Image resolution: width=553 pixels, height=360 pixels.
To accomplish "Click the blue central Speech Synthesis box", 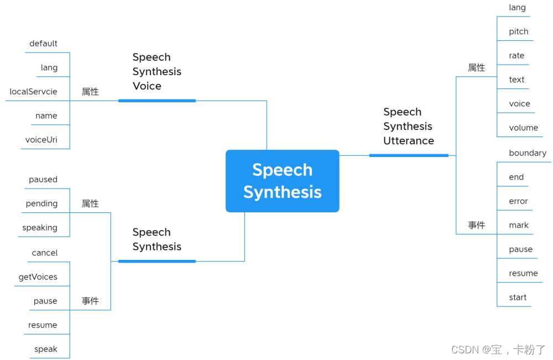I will (x=282, y=181).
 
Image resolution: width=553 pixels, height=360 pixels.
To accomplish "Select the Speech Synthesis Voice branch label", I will (x=156, y=72).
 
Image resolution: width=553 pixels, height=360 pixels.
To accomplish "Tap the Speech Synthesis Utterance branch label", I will (x=408, y=127).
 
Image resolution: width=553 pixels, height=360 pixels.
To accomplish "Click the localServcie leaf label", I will (x=33, y=92).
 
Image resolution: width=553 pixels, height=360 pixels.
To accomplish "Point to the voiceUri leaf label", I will (x=41, y=140).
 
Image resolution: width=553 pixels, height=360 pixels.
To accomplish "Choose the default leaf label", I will (x=43, y=44).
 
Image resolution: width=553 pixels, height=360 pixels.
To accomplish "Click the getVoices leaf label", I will (x=38, y=277).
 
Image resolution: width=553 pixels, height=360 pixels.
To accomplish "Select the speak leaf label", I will (x=45, y=349).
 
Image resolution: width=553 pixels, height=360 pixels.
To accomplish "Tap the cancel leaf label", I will (x=44, y=253).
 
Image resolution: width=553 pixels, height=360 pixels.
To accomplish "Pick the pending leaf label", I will (x=41, y=204).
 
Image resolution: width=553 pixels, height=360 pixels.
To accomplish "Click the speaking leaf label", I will (x=39, y=228).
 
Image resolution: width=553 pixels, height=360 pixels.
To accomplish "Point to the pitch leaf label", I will (x=518, y=32).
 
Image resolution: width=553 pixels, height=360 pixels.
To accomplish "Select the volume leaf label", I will (x=523, y=128).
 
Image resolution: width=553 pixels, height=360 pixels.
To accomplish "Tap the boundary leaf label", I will (x=527, y=153).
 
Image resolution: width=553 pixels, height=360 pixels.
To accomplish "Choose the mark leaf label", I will (x=518, y=226).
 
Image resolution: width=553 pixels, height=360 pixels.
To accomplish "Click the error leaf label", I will (x=518, y=201).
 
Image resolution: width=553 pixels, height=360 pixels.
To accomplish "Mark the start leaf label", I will (x=518, y=298).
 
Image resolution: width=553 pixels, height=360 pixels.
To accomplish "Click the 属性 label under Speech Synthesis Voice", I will (x=90, y=92).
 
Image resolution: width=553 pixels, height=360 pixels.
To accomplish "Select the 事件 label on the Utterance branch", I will (x=476, y=226).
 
